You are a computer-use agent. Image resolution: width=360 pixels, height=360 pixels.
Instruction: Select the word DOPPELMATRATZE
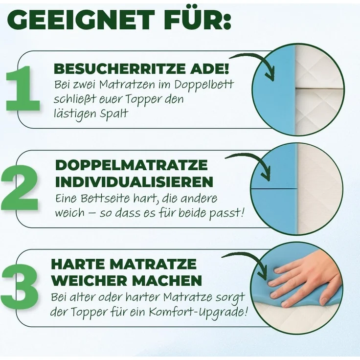[131, 165]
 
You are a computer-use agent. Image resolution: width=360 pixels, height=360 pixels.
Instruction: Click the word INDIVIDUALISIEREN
[134, 182]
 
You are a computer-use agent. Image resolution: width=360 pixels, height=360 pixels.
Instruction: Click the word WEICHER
[87, 281]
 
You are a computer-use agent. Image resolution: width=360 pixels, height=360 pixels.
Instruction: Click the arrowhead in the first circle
[270, 75]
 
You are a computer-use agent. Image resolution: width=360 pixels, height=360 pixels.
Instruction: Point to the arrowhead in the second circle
[267, 175]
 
